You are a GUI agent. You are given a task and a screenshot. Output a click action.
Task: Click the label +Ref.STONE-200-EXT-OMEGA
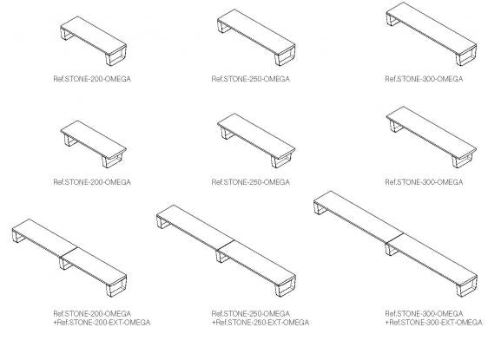(x=102, y=323)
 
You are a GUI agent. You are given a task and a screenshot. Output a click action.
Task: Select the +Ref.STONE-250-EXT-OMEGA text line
(x=260, y=323)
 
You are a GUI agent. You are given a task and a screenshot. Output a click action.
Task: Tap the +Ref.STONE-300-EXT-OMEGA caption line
(x=434, y=323)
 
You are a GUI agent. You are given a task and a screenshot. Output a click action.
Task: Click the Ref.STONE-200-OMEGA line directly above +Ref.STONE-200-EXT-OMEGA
(x=92, y=314)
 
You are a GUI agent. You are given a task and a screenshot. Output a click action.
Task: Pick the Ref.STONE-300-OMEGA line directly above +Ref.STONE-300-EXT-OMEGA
(x=424, y=314)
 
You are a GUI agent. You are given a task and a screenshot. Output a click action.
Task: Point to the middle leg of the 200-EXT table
(x=65, y=264)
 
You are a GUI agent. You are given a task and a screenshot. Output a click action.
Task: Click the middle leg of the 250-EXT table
(x=222, y=257)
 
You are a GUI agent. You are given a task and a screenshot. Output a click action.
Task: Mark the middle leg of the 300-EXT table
(x=392, y=250)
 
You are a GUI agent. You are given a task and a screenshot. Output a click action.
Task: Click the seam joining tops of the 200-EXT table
(x=69, y=252)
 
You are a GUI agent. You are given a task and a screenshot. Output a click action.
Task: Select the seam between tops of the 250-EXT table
(x=225, y=245)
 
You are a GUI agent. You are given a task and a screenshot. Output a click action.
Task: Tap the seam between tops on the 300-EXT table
(x=394, y=239)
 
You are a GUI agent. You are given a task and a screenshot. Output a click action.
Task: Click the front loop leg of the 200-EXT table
(x=115, y=288)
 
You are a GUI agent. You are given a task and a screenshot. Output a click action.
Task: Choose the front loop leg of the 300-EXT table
(x=467, y=287)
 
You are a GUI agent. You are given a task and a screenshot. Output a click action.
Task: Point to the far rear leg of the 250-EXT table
(x=163, y=222)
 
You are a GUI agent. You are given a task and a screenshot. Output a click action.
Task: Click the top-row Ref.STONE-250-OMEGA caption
(x=251, y=79)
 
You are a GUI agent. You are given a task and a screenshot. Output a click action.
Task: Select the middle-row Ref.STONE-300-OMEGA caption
(x=424, y=182)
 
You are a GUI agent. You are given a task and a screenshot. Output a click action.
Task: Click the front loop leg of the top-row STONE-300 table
(x=466, y=56)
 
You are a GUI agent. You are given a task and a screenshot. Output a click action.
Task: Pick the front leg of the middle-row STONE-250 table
(x=280, y=160)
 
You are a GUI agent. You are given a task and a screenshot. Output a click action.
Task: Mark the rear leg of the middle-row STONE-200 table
(x=71, y=141)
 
